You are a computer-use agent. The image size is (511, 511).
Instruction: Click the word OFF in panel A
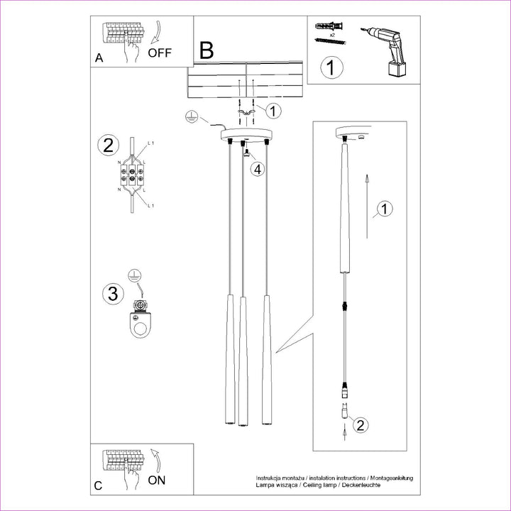pyautogui.click(x=160, y=53)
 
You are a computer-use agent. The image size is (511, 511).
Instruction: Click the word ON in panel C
pyautogui.click(x=158, y=480)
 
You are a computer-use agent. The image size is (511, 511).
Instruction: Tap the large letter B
pyautogui.click(x=207, y=50)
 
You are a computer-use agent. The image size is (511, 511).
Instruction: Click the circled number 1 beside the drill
pyautogui.click(x=331, y=69)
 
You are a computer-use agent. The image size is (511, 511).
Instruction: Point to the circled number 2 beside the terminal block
pyautogui.click(x=108, y=146)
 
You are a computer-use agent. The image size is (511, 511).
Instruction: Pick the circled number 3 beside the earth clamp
pyautogui.click(x=111, y=293)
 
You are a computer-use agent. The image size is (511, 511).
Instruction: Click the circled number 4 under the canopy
pyautogui.click(x=258, y=169)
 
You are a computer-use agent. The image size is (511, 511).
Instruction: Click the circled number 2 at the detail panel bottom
pyautogui.click(x=361, y=426)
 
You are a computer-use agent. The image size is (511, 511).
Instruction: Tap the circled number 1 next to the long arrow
pyautogui.click(x=384, y=209)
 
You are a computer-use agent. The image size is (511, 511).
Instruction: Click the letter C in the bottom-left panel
pyautogui.click(x=99, y=486)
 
